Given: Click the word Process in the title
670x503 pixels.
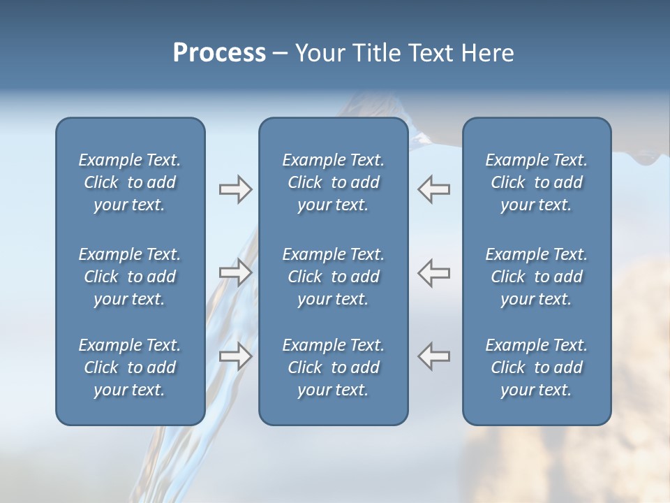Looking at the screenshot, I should click(x=219, y=53).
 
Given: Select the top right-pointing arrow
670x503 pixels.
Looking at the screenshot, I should click(x=235, y=189).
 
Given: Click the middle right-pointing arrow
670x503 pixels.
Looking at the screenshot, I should click(x=235, y=272).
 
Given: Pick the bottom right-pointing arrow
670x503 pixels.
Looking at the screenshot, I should click(x=235, y=356).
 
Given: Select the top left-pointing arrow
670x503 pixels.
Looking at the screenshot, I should click(x=433, y=189).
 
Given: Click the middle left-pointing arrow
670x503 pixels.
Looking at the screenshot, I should click(x=433, y=272).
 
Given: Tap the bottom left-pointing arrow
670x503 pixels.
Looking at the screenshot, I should click(x=433, y=356).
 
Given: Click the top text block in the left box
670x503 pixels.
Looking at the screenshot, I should click(x=130, y=182).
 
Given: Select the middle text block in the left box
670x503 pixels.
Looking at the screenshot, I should click(x=130, y=277).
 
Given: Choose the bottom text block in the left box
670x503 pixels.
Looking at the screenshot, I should click(x=130, y=367).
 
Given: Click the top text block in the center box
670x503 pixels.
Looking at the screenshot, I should click(x=333, y=182).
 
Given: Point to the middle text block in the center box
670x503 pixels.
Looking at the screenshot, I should click(x=333, y=277).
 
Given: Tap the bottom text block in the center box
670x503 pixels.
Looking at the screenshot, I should click(x=333, y=367).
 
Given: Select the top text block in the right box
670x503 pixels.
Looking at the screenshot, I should click(x=536, y=182).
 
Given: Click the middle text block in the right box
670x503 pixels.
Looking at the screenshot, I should click(x=536, y=277).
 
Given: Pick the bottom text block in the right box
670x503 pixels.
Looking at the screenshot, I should click(x=536, y=367).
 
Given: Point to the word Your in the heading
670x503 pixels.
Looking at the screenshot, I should click(x=318, y=53).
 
